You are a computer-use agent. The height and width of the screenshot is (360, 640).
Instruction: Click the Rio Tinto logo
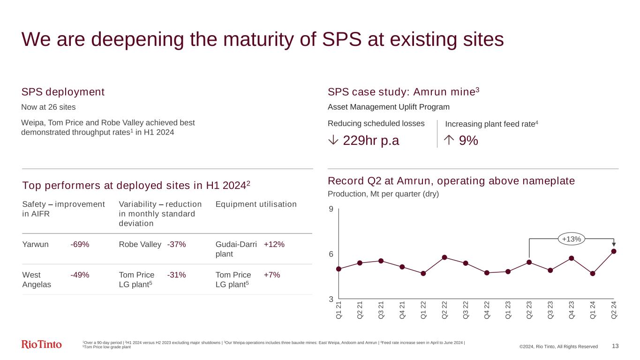42,345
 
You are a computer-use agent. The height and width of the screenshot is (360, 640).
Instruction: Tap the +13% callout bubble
571,239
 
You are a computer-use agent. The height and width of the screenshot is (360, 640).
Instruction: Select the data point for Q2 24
614,251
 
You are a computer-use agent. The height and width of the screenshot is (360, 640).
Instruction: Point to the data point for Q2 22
444,257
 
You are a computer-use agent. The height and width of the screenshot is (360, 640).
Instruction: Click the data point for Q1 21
339,269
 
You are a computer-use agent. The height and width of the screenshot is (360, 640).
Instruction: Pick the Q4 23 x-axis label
572,309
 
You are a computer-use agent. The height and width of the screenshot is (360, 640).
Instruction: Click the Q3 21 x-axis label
381,309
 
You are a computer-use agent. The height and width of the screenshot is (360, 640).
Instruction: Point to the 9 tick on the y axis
331,209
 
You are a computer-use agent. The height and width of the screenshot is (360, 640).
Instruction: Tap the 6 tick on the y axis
331,254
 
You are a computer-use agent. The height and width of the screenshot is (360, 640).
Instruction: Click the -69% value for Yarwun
80,245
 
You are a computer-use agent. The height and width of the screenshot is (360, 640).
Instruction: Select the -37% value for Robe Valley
176,245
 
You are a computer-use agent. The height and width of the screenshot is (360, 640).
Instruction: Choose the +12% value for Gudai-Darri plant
274,245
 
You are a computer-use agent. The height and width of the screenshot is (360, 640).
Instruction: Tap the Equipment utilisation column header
256,204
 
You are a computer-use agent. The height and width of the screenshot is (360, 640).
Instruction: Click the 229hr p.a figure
371,140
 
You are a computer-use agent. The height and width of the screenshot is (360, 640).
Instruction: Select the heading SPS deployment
63,92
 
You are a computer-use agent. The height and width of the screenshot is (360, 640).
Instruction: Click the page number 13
615,346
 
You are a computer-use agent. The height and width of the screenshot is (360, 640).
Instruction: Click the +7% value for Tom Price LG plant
272,275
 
